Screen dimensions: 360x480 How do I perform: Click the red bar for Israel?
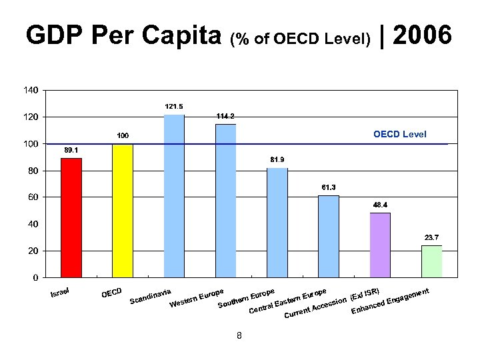(71, 217)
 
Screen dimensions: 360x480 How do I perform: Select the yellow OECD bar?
(123, 210)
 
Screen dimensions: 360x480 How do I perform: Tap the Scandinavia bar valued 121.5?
(174, 196)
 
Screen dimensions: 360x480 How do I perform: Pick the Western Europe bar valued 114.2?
(225, 201)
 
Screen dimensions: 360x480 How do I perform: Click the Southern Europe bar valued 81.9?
(277, 223)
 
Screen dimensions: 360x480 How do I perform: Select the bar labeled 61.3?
(329, 236)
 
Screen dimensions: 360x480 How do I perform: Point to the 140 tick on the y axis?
(31, 90)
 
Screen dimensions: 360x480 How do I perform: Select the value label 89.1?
(71, 150)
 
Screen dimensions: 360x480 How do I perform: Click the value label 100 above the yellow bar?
(123, 136)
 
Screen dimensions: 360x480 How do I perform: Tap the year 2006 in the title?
(423, 35)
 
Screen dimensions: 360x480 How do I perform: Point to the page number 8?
(239, 335)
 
